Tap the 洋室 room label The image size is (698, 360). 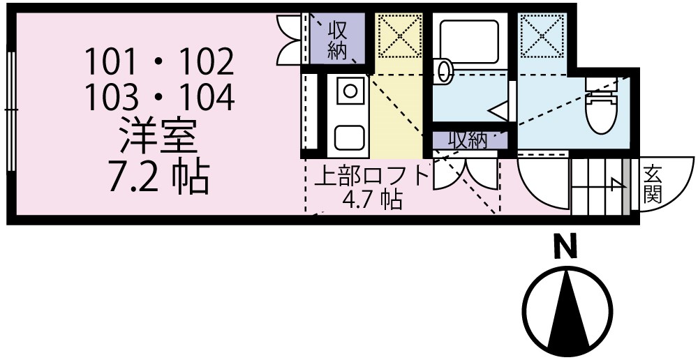(158, 137)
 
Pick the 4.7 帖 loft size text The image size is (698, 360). (371, 200)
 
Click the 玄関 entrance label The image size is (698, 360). (652, 183)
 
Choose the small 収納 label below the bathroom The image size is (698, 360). (467, 140)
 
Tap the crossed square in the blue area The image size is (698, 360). (542, 35)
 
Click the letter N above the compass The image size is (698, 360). (567, 247)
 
